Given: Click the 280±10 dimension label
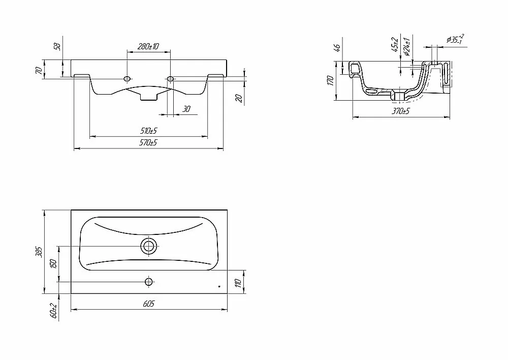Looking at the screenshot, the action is [148, 46].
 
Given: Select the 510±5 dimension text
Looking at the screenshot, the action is [149, 131].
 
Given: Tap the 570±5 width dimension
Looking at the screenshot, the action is [149, 142].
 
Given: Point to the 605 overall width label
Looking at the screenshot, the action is [149, 304].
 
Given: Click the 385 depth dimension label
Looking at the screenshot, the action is [39, 251].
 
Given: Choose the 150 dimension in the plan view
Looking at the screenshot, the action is [54, 264].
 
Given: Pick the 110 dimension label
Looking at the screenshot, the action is [238, 283].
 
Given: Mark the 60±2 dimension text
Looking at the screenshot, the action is [54, 310].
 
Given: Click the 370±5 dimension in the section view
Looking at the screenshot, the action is [401, 111].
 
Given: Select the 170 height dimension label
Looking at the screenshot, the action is [331, 80].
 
